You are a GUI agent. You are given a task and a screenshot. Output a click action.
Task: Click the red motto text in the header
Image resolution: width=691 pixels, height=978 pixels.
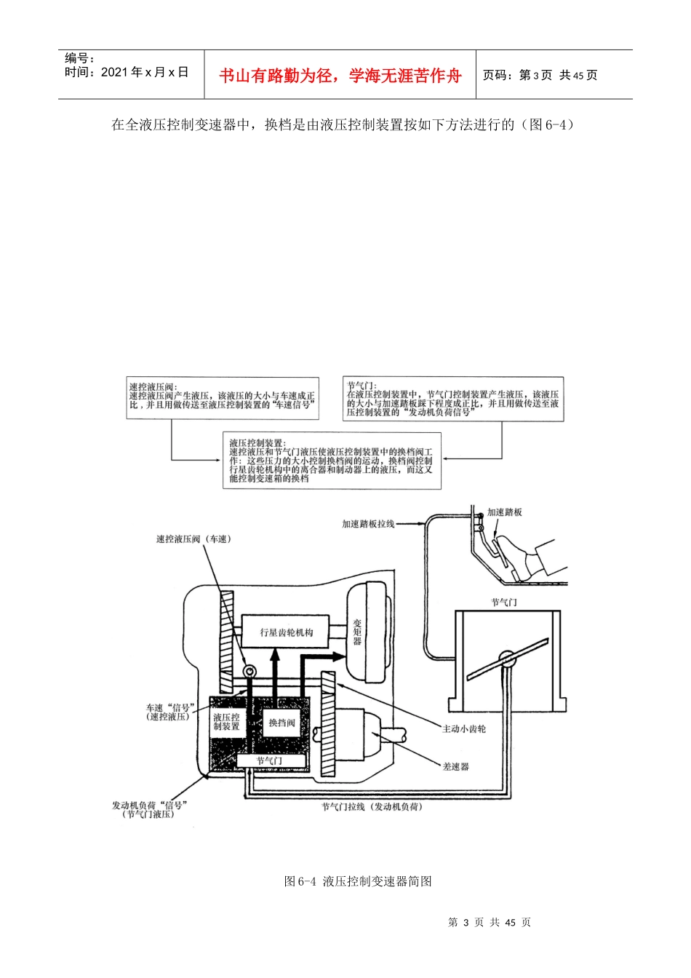[x=340, y=76]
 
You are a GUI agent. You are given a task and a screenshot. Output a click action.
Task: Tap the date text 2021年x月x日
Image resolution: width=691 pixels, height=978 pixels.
[x=126, y=72]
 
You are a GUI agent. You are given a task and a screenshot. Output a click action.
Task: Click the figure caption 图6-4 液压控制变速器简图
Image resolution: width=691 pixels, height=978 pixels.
[x=358, y=881]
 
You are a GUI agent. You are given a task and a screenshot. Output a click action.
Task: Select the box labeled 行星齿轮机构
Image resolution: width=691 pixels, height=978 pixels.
[x=285, y=631]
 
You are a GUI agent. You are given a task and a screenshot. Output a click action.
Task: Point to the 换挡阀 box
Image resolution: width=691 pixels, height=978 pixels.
[x=281, y=723]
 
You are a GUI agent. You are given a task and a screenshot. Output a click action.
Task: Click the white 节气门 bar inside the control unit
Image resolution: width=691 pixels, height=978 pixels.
[x=271, y=760]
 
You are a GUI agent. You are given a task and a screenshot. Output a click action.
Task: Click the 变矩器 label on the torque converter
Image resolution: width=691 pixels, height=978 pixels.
[x=357, y=632]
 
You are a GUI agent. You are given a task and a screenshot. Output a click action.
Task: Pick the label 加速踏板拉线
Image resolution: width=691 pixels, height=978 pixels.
[x=368, y=523]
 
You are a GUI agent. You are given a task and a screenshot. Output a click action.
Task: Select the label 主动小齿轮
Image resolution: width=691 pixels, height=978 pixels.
[x=463, y=728]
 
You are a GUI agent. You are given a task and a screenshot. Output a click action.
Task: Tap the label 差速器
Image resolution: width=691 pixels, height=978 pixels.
[x=455, y=767]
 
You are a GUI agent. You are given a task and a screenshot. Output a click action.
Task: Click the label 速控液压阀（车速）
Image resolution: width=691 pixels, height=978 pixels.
[x=193, y=539]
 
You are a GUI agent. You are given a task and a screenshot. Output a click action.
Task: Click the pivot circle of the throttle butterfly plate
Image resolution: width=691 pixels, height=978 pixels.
[x=507, y=659]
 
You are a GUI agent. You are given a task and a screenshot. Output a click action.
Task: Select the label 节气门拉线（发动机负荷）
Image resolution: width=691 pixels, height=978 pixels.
[x=372, y=806]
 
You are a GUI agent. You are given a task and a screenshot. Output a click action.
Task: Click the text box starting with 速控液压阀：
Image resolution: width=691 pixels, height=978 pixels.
[x=223, y=398]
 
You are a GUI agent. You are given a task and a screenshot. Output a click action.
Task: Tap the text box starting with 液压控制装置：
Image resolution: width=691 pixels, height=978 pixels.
[x=332, y=461]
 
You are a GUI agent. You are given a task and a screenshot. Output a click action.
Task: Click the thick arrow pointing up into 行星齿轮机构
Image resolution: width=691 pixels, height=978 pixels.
[x=275, y=672]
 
